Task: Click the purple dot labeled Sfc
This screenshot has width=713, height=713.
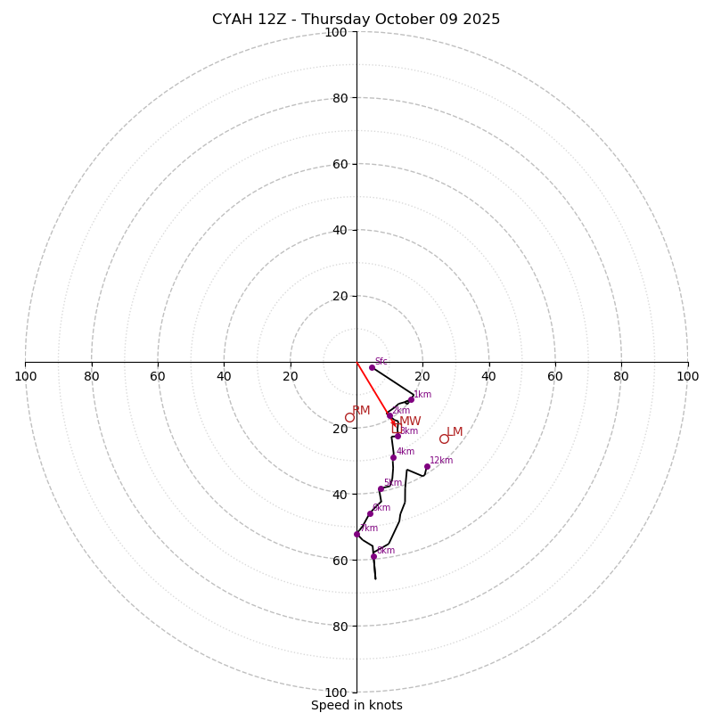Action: (x=372, y=367)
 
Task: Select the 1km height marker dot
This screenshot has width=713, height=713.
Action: (x=411, y=399)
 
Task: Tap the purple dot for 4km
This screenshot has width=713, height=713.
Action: (x=393, y=457)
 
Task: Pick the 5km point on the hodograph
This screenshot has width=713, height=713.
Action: (x=381, y=488)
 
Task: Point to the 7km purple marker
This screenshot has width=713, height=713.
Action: (x=356, y=534)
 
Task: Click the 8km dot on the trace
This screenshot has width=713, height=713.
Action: (x=373, y=556)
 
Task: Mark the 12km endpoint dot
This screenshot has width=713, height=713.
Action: (x=427, y=466)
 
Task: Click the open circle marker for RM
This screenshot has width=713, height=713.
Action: (x=349, y=417)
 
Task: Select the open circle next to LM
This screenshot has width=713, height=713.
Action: (x=444, y=438)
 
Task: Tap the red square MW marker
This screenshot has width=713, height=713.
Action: (x=395, y=423)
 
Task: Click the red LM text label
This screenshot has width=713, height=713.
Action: (x=455, y=431)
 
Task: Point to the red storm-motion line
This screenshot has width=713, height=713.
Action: (x=373, y=389)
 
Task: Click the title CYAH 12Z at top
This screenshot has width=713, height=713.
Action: (x=356, y=20)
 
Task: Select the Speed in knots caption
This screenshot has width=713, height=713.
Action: (x=356, y=705)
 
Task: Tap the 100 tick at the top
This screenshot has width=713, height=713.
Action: (x=336, y=32)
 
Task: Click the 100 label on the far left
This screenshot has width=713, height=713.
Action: (x=26, y=376)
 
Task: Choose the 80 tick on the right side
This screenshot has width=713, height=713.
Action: (x=621, y=376)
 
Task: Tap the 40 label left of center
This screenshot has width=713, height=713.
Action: (x=224, y=376)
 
